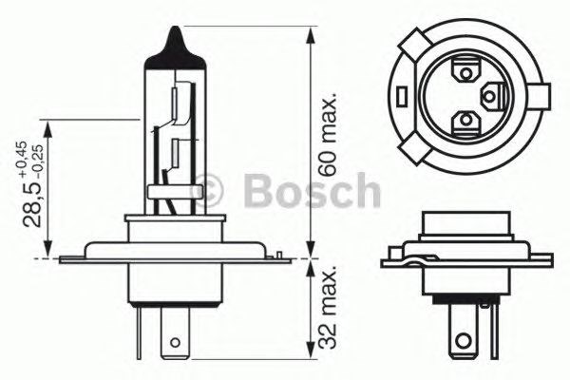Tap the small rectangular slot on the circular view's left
tap(403, 95)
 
